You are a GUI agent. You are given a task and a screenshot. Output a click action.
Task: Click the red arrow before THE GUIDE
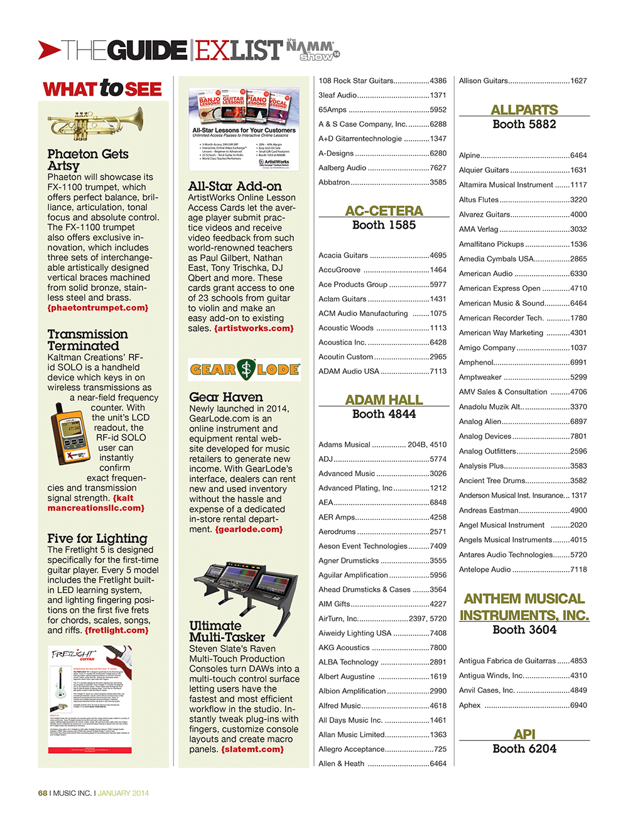(49, 50)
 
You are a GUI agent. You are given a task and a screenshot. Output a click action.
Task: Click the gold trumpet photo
(95, 123)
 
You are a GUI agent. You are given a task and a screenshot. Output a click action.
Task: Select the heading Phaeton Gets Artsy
(87, 160)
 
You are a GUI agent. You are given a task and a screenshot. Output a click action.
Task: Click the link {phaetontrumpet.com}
(98, 308)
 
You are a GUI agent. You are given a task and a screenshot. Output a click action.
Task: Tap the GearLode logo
(244, 370)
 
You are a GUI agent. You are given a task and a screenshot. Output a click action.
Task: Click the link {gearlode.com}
(249, 529)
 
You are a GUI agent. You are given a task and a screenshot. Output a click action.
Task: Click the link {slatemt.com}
(252, 749)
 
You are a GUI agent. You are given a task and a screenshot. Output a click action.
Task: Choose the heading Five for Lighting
(97, 538)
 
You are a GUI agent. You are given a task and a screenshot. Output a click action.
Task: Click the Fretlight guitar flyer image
(90, 699)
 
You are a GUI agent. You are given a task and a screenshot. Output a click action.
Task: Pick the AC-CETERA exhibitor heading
(384, 211)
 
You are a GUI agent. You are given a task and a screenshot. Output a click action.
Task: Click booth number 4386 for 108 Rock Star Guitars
(438, 81)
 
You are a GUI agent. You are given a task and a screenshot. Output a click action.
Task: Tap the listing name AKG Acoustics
(344, 648)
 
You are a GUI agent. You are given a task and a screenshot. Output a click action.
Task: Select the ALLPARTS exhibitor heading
(524, 110)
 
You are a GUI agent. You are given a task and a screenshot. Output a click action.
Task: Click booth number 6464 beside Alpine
(578, 155)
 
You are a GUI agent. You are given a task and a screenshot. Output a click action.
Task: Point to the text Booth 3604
(524, 629)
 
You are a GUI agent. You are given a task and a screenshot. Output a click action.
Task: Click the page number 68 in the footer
(43, 793)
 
